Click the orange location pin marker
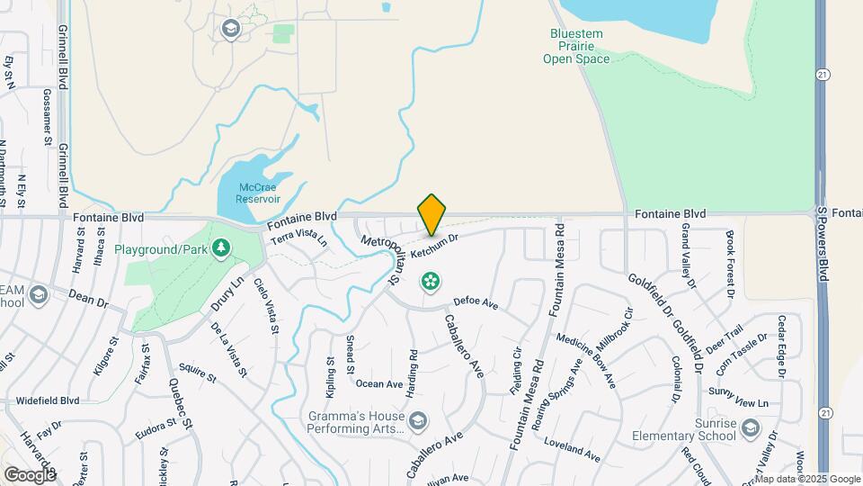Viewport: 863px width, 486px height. pos(431,214)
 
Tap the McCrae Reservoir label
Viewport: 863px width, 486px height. pos(259,193)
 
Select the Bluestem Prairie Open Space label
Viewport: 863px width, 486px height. pos(576,47)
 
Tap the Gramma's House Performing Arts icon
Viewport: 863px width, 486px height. pos(417,420)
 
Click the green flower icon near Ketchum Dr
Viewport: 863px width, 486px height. pos(431,282)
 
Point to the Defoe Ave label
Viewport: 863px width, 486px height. pos(476,303)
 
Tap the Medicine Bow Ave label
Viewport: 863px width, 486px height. pos(585,361)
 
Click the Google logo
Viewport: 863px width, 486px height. pos(30,474)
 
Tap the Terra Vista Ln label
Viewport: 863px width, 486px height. pos(299,238)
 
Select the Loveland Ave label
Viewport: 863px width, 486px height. pos(573,449)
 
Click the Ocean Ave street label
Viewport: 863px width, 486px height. pos(378,383)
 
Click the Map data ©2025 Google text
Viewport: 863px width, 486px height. pos(806,479)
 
